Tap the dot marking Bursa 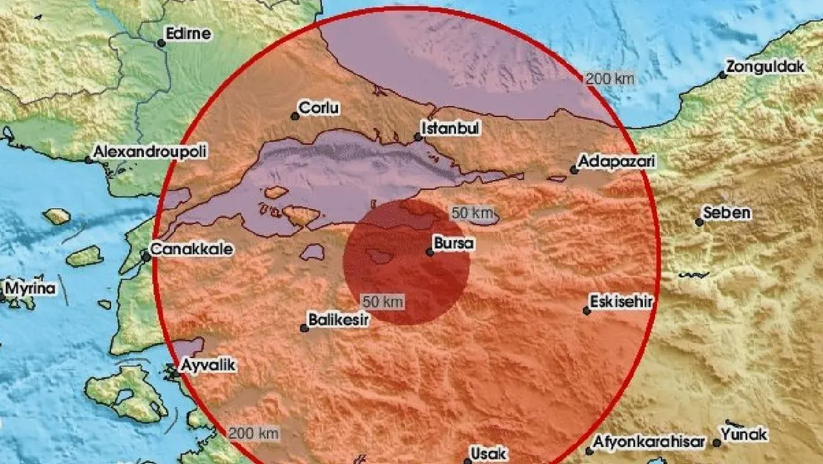click(430, 252)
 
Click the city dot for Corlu click(295, 116)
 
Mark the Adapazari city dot click(574, 170)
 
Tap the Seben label click(727, 213)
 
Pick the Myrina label click(30, 288)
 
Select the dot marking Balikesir click(304, 328)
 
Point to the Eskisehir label click(621, 302)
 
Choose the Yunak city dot click(717, 443)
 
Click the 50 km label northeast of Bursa click(472, 213)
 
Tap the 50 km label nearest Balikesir click(383, 302)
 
